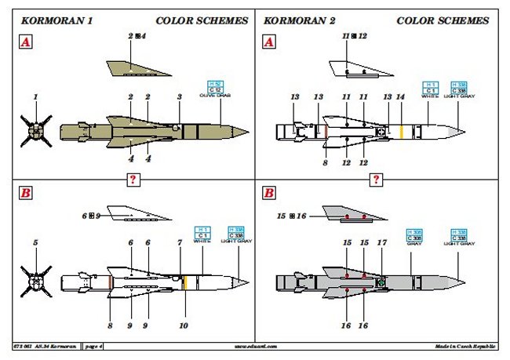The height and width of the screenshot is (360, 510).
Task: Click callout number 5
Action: pos(35,243)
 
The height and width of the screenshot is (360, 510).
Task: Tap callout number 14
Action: pos(401,96)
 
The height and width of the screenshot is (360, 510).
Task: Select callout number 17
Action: pos(382,243)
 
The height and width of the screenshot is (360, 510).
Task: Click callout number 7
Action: pos(181,243)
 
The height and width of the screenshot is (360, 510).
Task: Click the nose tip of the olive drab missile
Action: pos(248,130)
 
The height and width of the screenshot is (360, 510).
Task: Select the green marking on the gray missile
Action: pos(381,282)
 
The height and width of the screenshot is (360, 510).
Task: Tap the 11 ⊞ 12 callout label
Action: pos(355,36)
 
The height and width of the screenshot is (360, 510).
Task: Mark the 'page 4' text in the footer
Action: pos(95,345)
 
